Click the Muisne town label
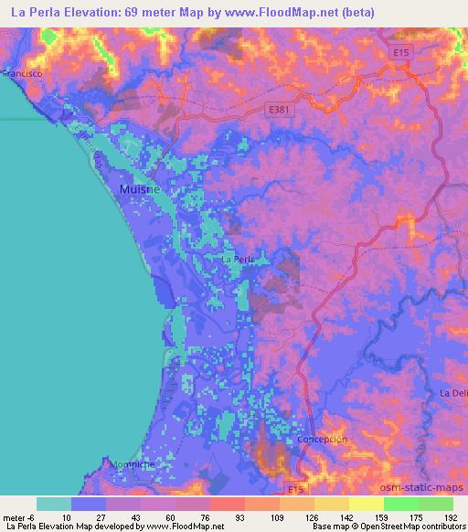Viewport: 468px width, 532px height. click(x=137, y=190)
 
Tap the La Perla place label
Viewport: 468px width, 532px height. click(x=238, y=260)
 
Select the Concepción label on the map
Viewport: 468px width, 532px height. click(x=322, y=440)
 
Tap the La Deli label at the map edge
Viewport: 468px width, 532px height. click(x=453, y=393)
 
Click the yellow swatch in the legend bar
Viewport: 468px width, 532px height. click(x=366, y=504)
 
